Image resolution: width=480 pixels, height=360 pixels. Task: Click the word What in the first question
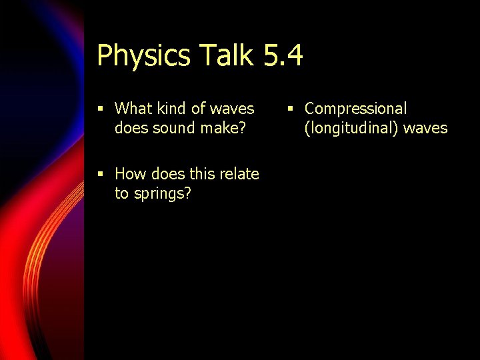click(134, 108)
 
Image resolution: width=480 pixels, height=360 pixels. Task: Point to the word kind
click(173, 108)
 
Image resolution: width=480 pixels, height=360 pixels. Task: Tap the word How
click(131, 174)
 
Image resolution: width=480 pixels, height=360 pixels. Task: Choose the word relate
click(239, 174)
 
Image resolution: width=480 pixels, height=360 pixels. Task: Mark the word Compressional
click(355, 109)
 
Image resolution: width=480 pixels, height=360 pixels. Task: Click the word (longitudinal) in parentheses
click(351, 128)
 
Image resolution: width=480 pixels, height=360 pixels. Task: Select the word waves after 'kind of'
click(232, 108)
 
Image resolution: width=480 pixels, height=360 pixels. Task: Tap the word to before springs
click(121, 195)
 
